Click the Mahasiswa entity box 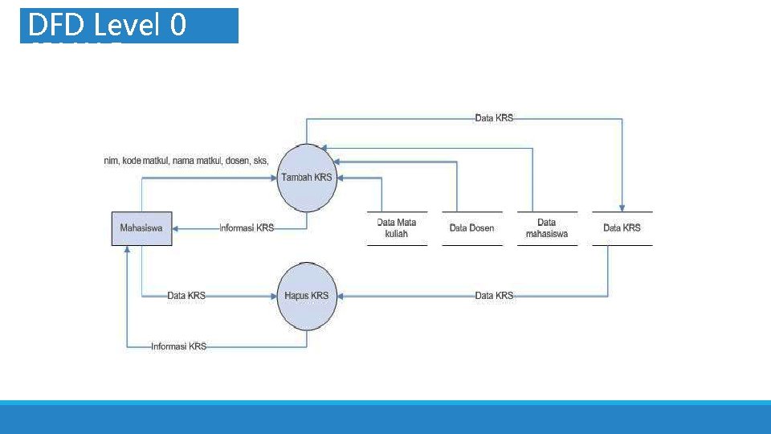141,228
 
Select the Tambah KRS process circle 306,178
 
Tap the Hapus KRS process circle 306,296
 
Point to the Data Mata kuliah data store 397,228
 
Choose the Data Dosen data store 471,228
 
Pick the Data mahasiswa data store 546,228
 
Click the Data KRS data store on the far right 622,228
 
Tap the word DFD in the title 55,26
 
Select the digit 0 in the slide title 177,26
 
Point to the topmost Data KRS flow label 494,118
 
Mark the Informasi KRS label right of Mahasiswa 247,228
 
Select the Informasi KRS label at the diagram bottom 178,346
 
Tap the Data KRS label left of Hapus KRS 186,296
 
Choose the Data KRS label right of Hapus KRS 494,296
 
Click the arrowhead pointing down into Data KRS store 622,207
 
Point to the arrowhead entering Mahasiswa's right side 176,228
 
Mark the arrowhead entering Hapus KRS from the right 340,296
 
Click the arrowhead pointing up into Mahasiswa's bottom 126,250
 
